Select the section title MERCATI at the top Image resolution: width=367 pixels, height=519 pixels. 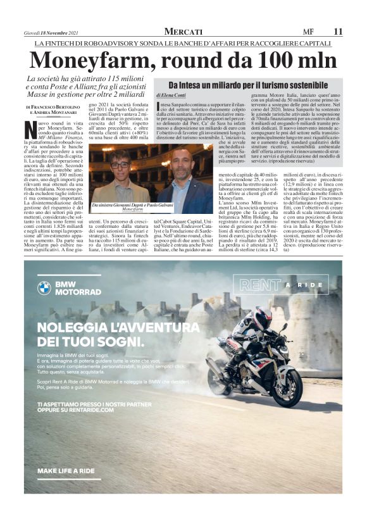coord(183,31)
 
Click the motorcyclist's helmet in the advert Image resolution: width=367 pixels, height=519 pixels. coord(261,318)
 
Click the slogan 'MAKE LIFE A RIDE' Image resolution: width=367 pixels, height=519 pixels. coord(66,471)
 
